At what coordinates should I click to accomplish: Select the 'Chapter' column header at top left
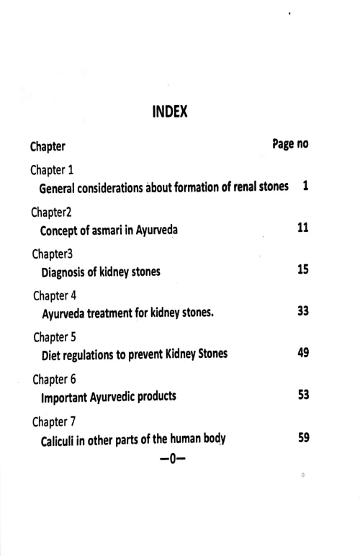48,147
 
